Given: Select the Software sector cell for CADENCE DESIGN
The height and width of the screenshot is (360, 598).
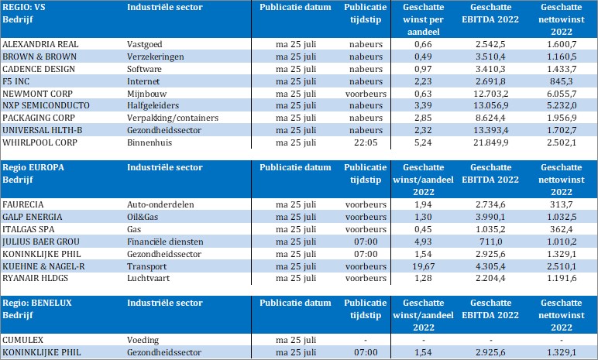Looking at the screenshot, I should click(x=146, y=69).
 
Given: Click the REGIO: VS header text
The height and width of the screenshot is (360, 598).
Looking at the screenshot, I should click(x=24, y=6).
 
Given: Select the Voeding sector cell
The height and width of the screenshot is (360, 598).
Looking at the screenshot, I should click(x=143, y=341).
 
